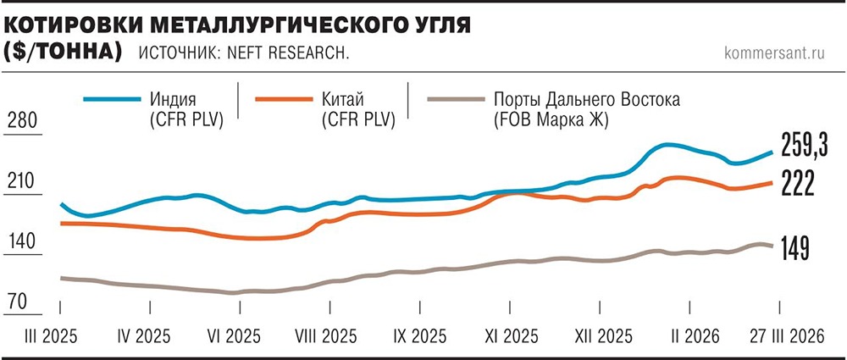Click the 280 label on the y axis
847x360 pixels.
[x=23, y=120]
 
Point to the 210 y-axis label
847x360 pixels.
[x=23, y=181]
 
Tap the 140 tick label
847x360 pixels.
[x=23, y=241]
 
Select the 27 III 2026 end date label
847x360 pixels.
[x=787, y=335]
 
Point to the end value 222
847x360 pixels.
[x=797, y=183]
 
